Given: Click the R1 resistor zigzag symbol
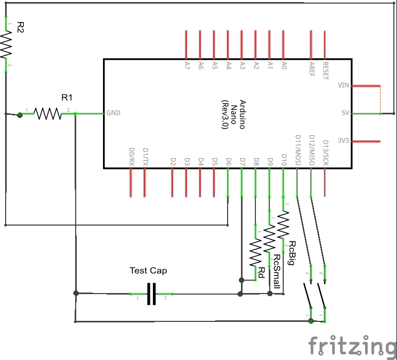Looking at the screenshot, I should click(47, 113).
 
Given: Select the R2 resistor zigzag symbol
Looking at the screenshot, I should click(6, 45).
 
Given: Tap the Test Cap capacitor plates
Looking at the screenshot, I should click(151, 294).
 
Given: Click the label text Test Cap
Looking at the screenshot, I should click(148, 270).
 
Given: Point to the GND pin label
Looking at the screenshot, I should click(113, 113).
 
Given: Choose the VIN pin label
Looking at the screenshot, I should click(343, 85).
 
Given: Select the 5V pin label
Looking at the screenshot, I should click(346, 113).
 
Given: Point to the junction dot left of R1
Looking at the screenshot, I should click(20, 115).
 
